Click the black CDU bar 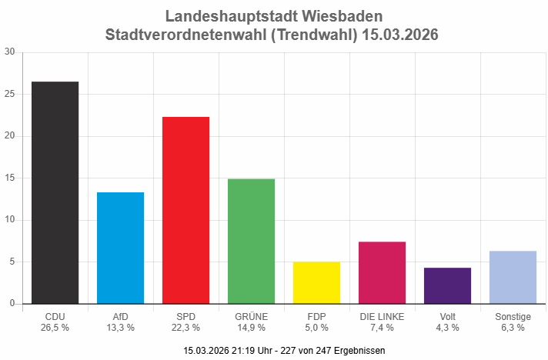coord(55,192)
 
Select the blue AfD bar coord(120,248)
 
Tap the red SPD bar coord(185,210)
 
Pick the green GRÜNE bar coord(251,241)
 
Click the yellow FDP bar coord(316,282)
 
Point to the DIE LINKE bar coord(382,272)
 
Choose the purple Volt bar coord(447,285)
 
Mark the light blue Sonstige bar coord(513,277)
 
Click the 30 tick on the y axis coord(9,52)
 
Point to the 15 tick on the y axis coord(9,178)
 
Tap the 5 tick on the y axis coord(12,262)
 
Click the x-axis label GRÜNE coord(251,316)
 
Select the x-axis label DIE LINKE coord(382,316)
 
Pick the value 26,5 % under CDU coord(55,327)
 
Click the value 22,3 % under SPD coord(185,327)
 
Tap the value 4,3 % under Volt coord(447,327)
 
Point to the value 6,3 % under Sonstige coord(513,327)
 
